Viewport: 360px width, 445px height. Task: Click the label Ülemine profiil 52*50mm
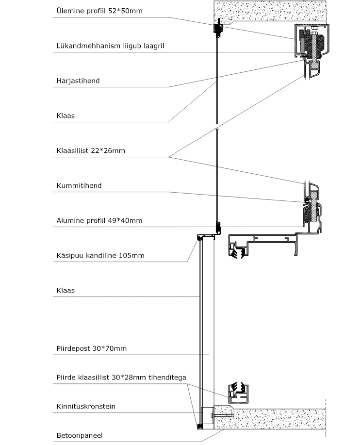coord(99,11)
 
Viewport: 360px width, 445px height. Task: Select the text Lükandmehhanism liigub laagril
coord(110,46)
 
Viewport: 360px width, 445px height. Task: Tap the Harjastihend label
coord(78,81)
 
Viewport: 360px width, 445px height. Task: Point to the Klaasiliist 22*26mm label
coord(91,151)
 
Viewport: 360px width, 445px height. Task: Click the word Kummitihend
coord(79,185)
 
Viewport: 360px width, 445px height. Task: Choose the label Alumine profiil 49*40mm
coord(99,220)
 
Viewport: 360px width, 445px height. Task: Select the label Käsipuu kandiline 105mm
coord(100,255)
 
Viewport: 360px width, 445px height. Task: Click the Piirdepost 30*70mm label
coord(91,348)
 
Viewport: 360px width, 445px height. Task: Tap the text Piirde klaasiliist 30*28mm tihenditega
coord(121,378)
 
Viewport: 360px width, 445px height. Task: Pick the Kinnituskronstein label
coord(86,406)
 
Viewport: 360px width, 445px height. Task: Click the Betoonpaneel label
coord(80,436)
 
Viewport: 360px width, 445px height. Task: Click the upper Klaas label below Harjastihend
coord(65,116)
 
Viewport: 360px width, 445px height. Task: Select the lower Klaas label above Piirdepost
coord(65,291)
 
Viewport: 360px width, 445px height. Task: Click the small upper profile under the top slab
coord(218,28)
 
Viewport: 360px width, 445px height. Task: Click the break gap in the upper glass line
coord(217,127)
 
